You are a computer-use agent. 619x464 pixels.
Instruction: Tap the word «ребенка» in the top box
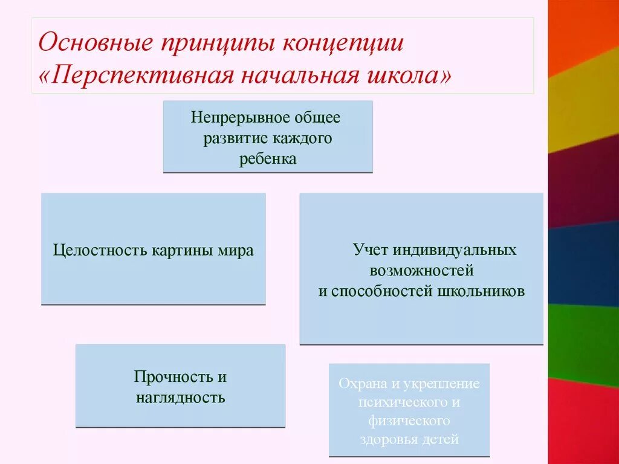pyautogui.click(x=267, y=159)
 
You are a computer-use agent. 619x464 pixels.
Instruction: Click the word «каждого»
pyautogui.click(x=304, y=138)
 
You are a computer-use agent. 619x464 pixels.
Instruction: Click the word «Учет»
pyautogui.click(x=370, y=250)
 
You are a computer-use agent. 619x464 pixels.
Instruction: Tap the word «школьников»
pyautogui.click(x=488, y=291)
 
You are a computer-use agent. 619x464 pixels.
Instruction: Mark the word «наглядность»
pyautogui.click(x=180, y=398)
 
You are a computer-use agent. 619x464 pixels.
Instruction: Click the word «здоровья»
pyautogui.click(x=384, y=439)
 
